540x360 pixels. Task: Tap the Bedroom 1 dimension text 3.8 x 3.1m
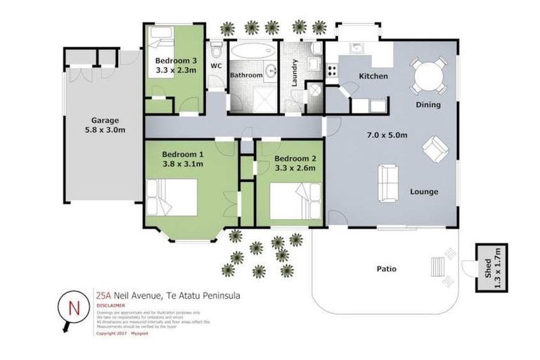point(182,165)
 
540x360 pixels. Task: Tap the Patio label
point(386,269)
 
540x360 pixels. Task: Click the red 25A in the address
point(103,296)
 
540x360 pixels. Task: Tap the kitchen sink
point(356,48)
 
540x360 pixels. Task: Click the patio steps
point(437,266)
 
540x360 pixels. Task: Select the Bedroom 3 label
point(175,60)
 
